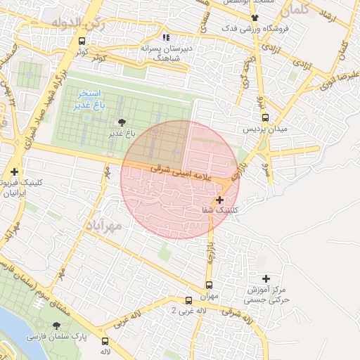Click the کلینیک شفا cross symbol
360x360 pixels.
(x=220, y=200)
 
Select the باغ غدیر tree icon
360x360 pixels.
(x=122, y=122)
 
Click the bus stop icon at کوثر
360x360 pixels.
(x=82, y=41)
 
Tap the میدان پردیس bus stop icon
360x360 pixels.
(x=265, y=118)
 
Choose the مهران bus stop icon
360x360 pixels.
(x=209, y=285)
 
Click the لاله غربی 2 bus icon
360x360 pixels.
(x=187, y=300)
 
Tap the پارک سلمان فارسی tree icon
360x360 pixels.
(x=56, y=326)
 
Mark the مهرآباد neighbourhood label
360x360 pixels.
(x=105, y=225)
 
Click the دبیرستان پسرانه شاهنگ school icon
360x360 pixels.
(x=165, y=37)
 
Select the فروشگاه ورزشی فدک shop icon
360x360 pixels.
(x=254, y=18)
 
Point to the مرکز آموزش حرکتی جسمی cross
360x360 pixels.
(x=265, y=279)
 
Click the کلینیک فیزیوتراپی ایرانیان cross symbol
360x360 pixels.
(x=14, y=172)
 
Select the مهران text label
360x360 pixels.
(x=209, y=296)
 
